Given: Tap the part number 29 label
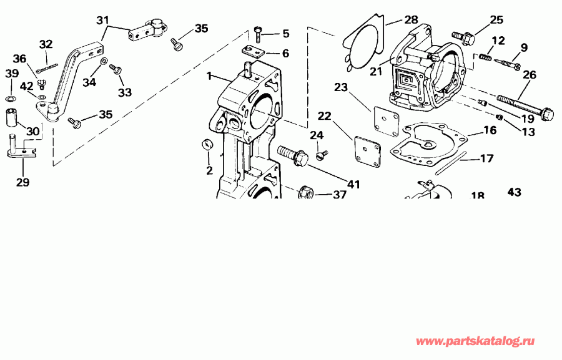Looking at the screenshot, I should (x=22, y=182).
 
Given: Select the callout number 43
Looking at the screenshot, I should (x=515, y=193).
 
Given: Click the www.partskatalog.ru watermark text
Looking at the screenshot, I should (x=475, y=341).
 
